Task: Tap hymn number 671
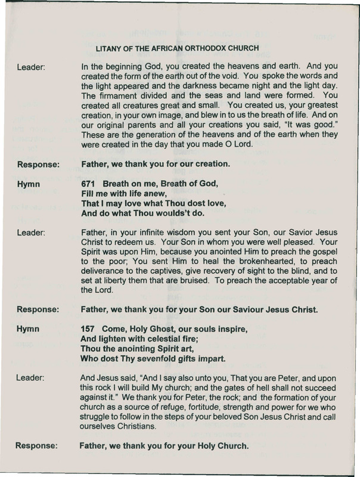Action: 88,185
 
